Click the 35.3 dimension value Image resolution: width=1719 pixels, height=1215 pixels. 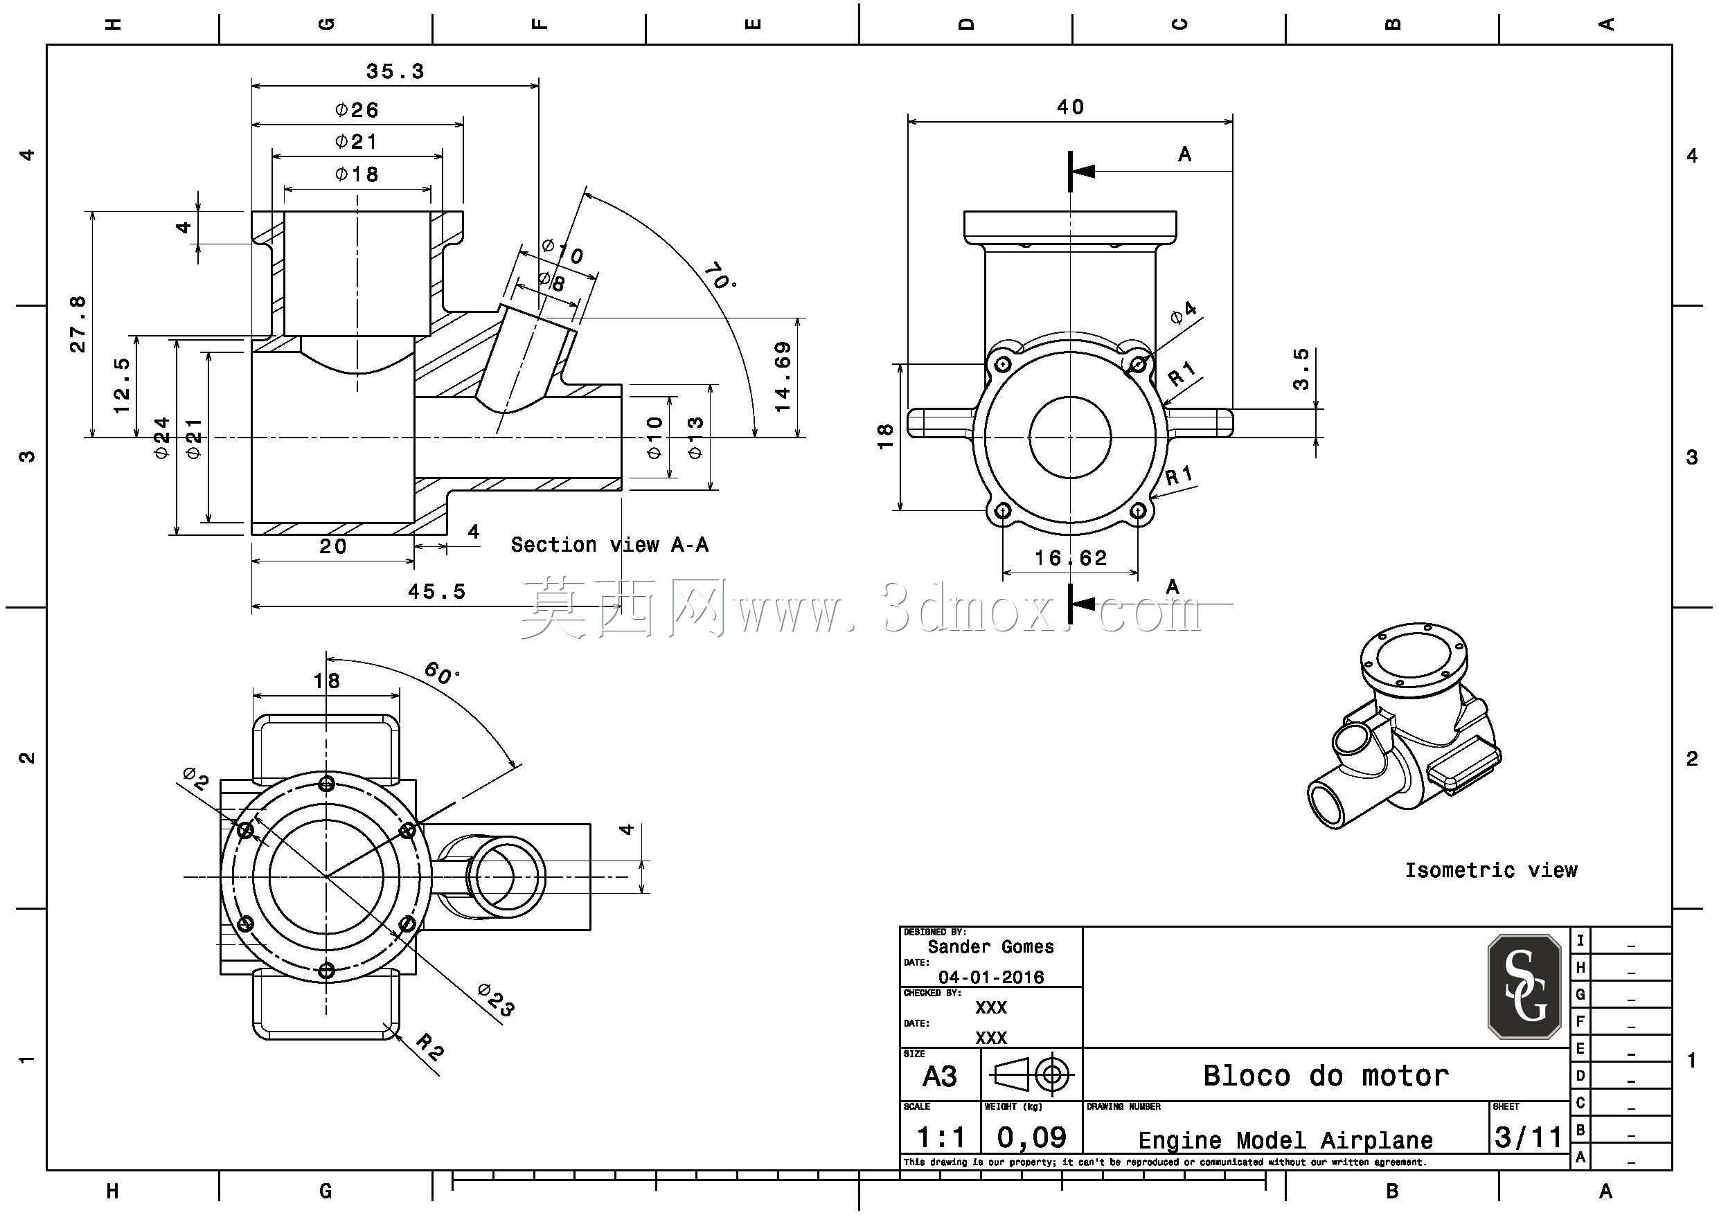pyautogui.click(x=395, y=71)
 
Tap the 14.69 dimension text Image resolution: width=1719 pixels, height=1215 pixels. pyautogui.click(x=783, y=377)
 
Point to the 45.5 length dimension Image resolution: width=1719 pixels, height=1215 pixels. pyautogui.click(x=436, y=591)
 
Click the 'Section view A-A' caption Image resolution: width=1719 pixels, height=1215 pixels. pyautogui.click(x=609, y=544)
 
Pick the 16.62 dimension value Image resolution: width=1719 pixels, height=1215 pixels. pyautogui.click(x=1071, y=558)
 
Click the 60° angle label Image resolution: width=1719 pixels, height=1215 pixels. pyautogui.click(x=442, y=672)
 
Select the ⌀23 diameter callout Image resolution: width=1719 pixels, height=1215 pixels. pyautogui.click(x=497, y=1000)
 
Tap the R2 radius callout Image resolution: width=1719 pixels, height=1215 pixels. pyautogui.click(x=429, y=1046)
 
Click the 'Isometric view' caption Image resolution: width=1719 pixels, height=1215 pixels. pyautogui.click(x=1490, y=870)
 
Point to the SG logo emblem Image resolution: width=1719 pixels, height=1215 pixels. pyautogui.click(x=1524, y=987)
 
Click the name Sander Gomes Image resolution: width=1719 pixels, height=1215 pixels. pyautogui.click(x=990, y=947)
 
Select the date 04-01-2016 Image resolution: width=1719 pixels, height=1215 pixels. pyautogui.click(x=990, y=977)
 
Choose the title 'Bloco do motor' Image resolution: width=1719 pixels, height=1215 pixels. pyautogui.click(x=1326, y=1076)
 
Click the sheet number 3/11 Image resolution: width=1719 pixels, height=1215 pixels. pyautogui.click(x=1528, y=1137)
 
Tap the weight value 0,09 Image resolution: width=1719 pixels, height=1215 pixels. pyautogui.click(x=1032, y=1138)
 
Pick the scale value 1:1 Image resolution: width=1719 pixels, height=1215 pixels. pyautogui.click(x=941, y=1138)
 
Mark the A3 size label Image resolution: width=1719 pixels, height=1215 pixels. pyautogui.click(x=940, y=1077)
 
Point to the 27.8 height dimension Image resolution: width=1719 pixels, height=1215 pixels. pyautogui.click(x=78, y=323)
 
